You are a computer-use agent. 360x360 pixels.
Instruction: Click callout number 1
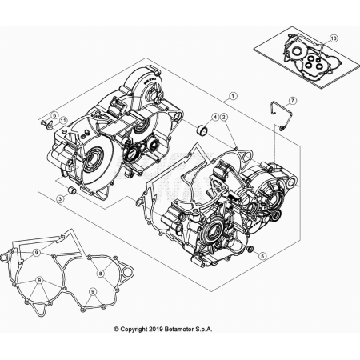point(233,96)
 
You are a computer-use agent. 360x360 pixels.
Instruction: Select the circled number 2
point(223,117)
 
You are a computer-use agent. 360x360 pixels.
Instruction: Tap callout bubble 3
point(60,198)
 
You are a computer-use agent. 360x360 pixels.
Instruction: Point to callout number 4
point(215,117)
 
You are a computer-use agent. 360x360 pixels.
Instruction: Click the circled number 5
point(262,256)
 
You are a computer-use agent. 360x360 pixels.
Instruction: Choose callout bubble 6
point(54,115)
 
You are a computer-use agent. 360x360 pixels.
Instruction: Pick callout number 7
point(292,101)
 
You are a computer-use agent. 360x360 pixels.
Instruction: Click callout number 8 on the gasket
point(101,273)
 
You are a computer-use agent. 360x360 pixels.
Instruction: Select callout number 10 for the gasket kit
point(334,38)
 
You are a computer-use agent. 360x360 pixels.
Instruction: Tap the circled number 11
point(62,121)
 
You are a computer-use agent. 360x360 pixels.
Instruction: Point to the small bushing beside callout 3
point(72,190)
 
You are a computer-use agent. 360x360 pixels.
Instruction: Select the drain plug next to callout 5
point(250,249)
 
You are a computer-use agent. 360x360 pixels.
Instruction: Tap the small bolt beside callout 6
point(42,122)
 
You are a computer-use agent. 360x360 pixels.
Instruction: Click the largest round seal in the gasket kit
point(295,51)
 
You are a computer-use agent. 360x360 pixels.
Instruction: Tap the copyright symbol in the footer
point(116,330)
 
